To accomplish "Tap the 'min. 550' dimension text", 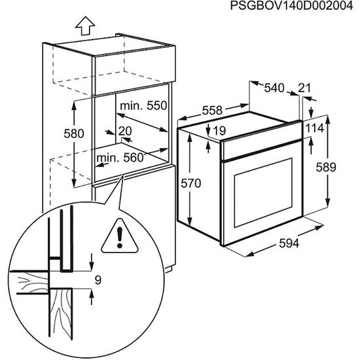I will click(x=143, y=105).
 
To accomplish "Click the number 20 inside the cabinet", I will click(x=126, y=131).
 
